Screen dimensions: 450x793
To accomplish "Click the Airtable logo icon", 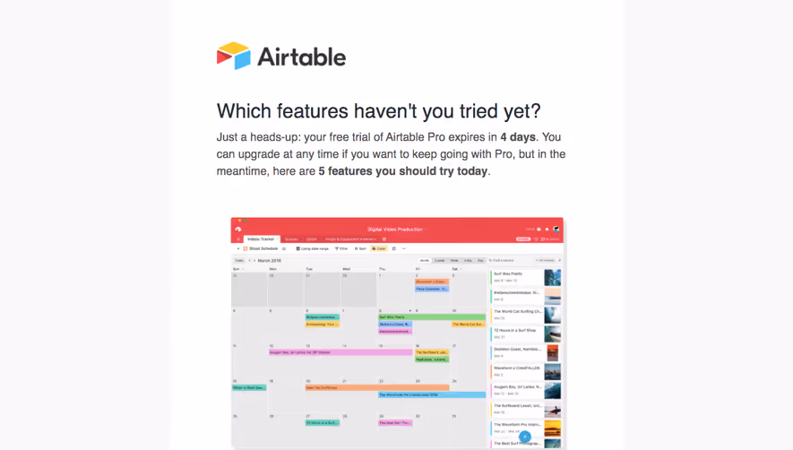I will point(233,56).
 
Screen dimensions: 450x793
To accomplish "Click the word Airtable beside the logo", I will point(301,57).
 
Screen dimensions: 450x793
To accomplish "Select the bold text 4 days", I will point(518,137).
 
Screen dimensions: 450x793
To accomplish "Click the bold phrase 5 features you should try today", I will point(403,171).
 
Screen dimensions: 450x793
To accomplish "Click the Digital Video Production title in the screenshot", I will point(396,229).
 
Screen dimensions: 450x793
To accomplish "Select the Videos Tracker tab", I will point(262,239).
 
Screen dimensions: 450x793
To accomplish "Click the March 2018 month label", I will point(270,260).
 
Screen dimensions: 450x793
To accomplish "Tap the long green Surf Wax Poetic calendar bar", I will point(431,316).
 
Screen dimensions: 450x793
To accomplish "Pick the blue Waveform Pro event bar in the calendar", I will point(431,394).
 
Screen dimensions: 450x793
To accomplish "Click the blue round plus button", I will point(525,437).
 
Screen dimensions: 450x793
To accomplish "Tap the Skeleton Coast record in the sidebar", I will point(517,350).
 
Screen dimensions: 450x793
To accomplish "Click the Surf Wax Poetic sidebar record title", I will point(508,274).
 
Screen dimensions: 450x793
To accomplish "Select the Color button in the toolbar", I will point(379,248).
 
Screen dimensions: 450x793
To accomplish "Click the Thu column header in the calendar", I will point(382,269).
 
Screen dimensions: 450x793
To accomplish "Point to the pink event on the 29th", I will point(394,422).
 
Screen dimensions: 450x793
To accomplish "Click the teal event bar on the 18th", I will point(249,387).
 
